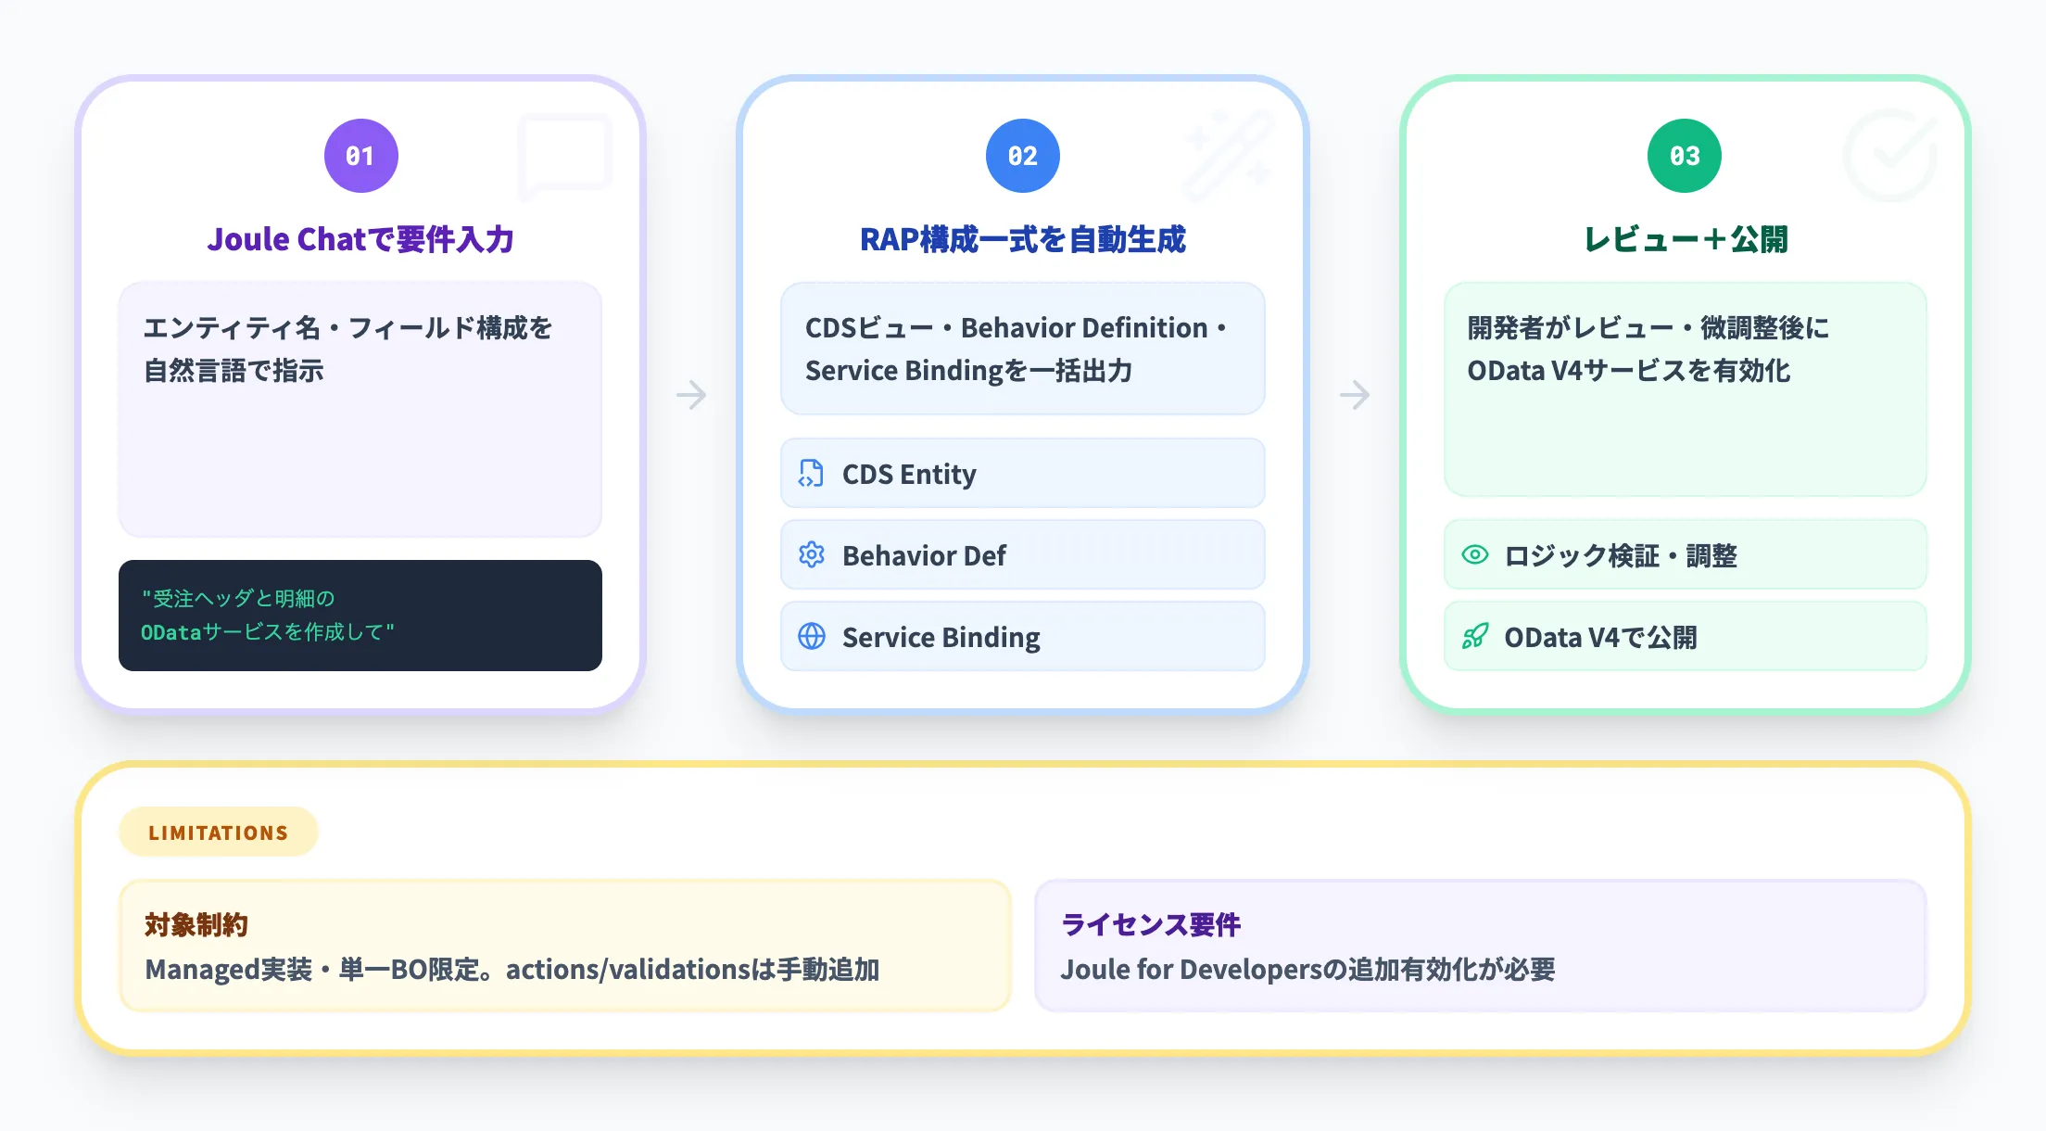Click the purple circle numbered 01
[360, 156]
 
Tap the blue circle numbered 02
[1022, 156]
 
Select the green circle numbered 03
[1684, 156]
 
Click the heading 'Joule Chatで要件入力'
[360, 239]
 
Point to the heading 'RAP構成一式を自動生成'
[1022, 239]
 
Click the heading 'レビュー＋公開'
[1685, 239]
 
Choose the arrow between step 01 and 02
[691, 395]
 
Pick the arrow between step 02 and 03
[1354, 395]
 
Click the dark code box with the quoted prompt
[360, 616]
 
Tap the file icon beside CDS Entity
[811, 474]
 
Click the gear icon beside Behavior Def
[811, 555]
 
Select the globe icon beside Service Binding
[811, 637]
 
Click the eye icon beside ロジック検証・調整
[1474, 555]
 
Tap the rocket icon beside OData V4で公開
[1474, 637]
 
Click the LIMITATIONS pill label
[219, 832]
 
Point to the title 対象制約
[196, 925]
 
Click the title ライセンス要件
[1151, 925]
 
